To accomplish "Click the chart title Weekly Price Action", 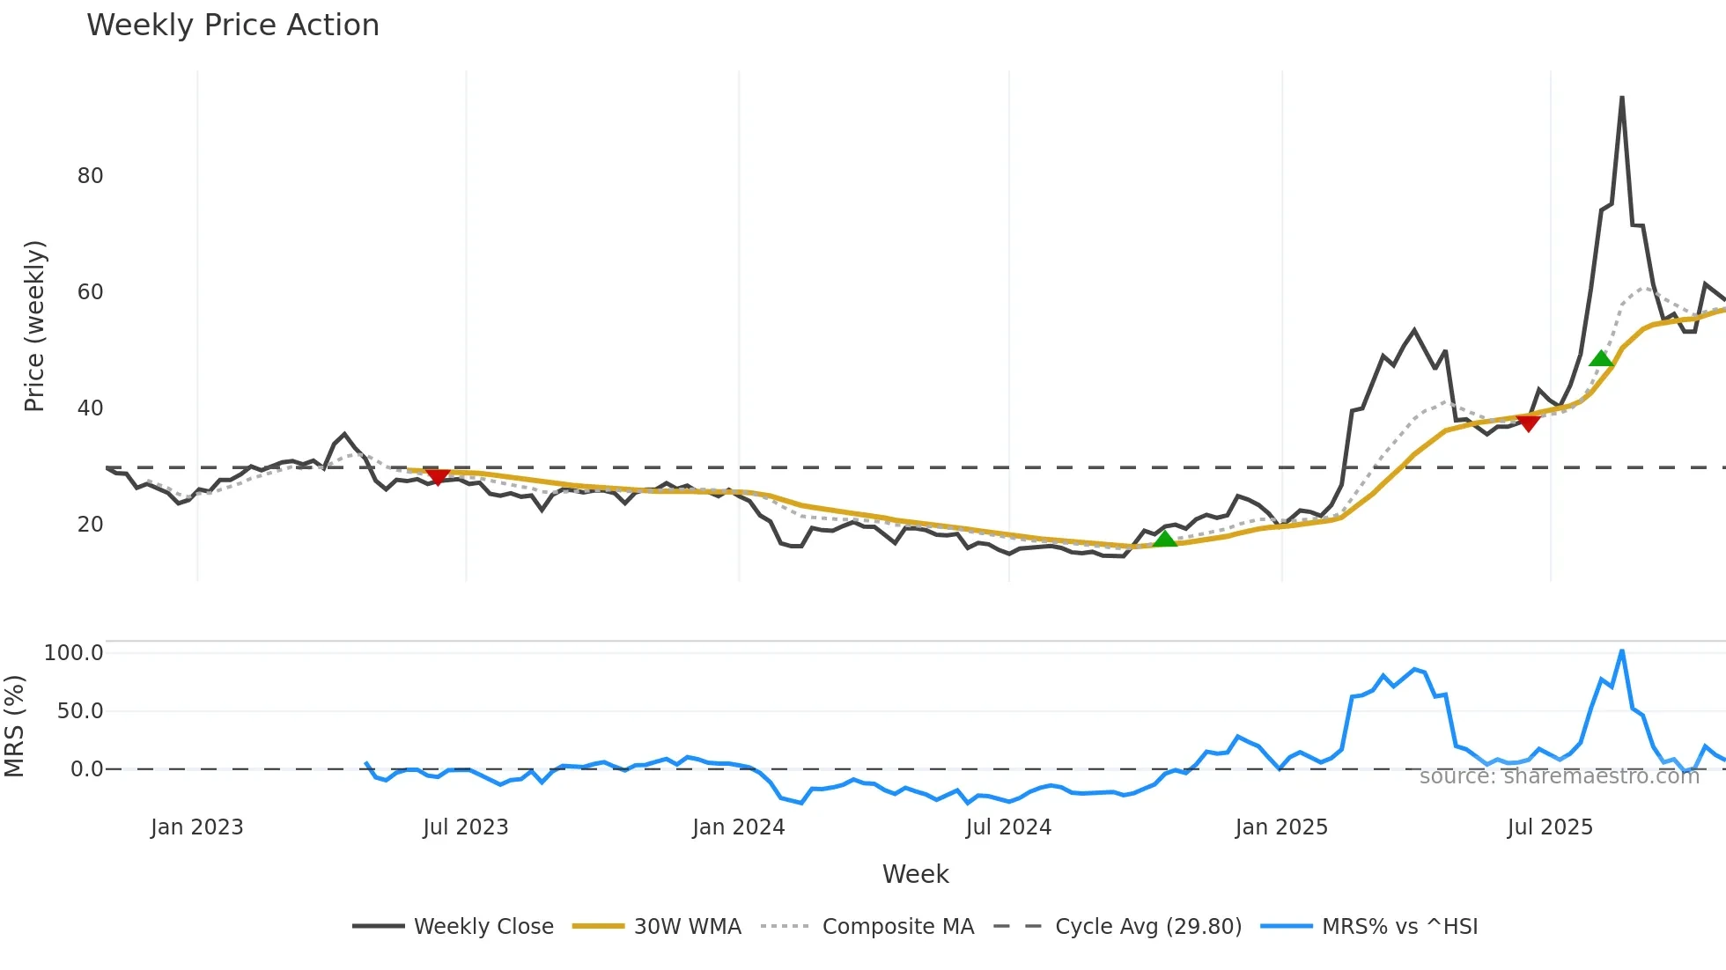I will point(232,26).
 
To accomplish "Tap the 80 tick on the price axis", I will point(90,176).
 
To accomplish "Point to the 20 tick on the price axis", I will point(90,525).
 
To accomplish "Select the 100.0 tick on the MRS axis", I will point(73,653).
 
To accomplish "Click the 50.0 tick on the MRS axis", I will point(79,711).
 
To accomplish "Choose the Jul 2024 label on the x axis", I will point(1008,827).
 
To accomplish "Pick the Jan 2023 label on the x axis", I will point(196,827).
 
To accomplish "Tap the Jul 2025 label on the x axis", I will point(1550,827).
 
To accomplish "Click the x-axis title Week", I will point(915,874).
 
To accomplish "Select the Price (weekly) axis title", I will point(34,326).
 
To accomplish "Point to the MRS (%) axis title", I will point(14,726).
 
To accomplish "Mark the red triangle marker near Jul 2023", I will point(438,477).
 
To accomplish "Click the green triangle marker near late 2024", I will point(1164,539).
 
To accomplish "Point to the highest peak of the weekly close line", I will point(1621,98).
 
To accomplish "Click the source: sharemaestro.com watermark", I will point(1559,776).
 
